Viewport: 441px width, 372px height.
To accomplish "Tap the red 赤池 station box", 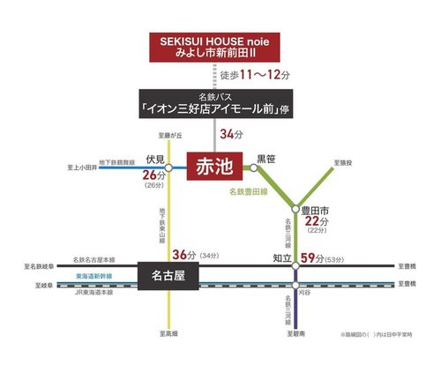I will click(215, 166).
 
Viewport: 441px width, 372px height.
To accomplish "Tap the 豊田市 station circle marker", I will click(295, 209).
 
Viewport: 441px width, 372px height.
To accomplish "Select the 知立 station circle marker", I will click(295, 264).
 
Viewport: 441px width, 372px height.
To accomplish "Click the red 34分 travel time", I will click(231, 135).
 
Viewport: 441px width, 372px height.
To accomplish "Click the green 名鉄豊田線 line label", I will click(249, 190).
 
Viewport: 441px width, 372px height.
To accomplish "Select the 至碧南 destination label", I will click(295, 334).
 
